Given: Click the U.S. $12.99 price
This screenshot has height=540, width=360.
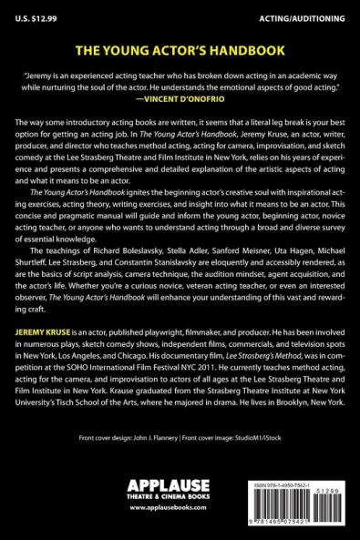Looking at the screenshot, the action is [x=32, y=13].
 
